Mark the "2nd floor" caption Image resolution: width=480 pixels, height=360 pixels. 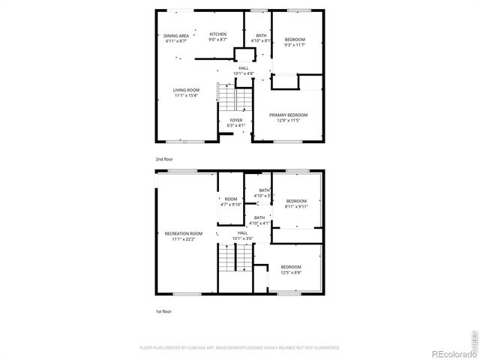[163, 160]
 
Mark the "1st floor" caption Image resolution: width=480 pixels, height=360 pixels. [163, 310]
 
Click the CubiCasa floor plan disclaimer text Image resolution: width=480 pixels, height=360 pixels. [240, 348]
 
